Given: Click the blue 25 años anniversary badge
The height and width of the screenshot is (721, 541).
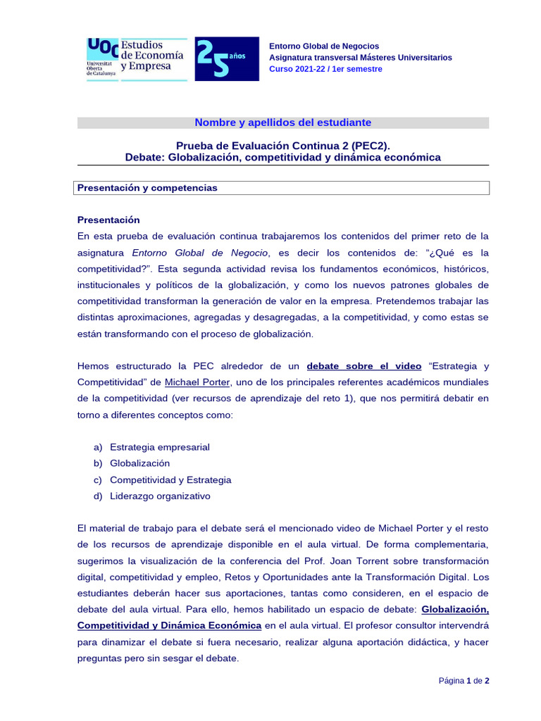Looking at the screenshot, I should (x=226, y=59).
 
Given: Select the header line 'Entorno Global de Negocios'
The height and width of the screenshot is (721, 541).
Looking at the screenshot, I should (x=324, y=46).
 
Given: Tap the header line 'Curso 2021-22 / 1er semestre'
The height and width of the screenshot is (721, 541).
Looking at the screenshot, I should (x=325, y=69).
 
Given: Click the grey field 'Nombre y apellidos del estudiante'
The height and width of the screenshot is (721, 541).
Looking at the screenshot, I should (x=282, y=123).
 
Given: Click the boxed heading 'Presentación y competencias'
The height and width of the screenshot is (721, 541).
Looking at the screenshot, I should (x=147, y=188).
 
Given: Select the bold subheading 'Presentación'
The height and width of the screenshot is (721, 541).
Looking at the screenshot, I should (x=108, y=220).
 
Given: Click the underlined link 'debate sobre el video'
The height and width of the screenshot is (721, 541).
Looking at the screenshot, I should (x=364, y=366).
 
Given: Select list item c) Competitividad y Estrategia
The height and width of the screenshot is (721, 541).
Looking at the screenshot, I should (x=170, y=479).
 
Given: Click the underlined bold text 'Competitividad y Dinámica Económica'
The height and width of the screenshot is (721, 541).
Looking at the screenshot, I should (x=169, y=625).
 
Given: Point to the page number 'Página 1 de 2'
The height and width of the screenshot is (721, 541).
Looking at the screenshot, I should (x=464, y=681).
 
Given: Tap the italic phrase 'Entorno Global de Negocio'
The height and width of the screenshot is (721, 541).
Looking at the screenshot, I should (x=200, y=252).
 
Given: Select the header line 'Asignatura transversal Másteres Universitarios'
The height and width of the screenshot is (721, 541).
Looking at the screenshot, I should (x=361, y=58).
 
